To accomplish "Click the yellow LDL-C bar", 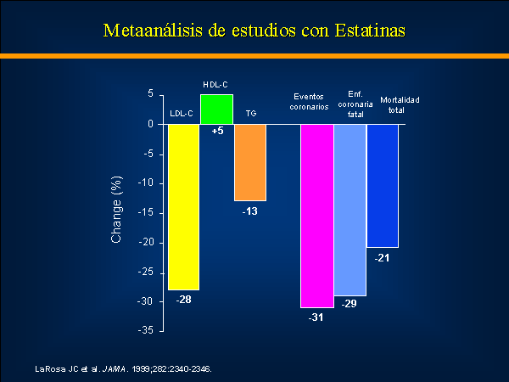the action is pyautogui.click(x=183, y=207).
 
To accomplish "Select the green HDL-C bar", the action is pyautogui.click(x=216, y=110).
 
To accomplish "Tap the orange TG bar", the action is pyautogui.click(x=250, y=162).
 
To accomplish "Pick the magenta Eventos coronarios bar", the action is pyautogui.click(x=317, y=216).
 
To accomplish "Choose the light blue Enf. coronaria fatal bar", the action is pyautogui.click(x=350, y=211).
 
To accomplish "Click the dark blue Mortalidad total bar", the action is pyautogui.click(x=383, y=186).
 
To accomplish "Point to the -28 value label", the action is pyautogui.click(x=184, y=300).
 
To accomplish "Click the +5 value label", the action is pyautogui.click(x=217, y=131).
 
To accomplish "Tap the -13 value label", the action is pyautogui.click(x=250, y=211).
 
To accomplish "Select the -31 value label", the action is pyautogui.click(x=316, y=317).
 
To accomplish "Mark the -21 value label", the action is pyautogui.click(x=382, y=258).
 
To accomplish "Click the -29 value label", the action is pyautogui.click(x=349, y=303).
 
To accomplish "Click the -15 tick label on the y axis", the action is pyautogui.click(x=145, y=213).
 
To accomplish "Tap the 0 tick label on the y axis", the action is pyautogui.click(x=150, y=124).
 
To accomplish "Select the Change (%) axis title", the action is pyautogui.click(x=116, y=210).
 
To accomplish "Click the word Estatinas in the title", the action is pyautogui.click(x=370, y=31).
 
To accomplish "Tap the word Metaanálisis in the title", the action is pyautogui.click(x=153, y=31).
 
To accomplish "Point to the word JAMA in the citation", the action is pyautogui.click(x=114, y=369).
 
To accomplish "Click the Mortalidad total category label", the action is pyautogui.click(x=400, y=105).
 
